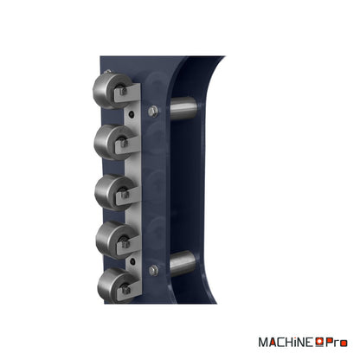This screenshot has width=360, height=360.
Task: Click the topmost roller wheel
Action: (x=111, y=91)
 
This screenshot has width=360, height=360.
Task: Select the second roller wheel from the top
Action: (x=112, y=142)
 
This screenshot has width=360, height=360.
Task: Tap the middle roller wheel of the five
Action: (x=112, y=193)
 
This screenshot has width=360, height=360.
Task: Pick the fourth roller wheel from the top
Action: (x=113, y=240)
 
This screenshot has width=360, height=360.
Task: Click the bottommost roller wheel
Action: (x=115, y=286)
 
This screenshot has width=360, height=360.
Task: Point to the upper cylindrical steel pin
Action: (x=183, y=108)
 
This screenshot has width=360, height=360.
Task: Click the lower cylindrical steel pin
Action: (x=183, y=263)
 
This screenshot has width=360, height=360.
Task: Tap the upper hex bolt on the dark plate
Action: (x=153, y=111)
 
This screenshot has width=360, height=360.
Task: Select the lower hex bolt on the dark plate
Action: (x=153, y=270)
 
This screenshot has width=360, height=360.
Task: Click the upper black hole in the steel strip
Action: (x=132, y=114)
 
